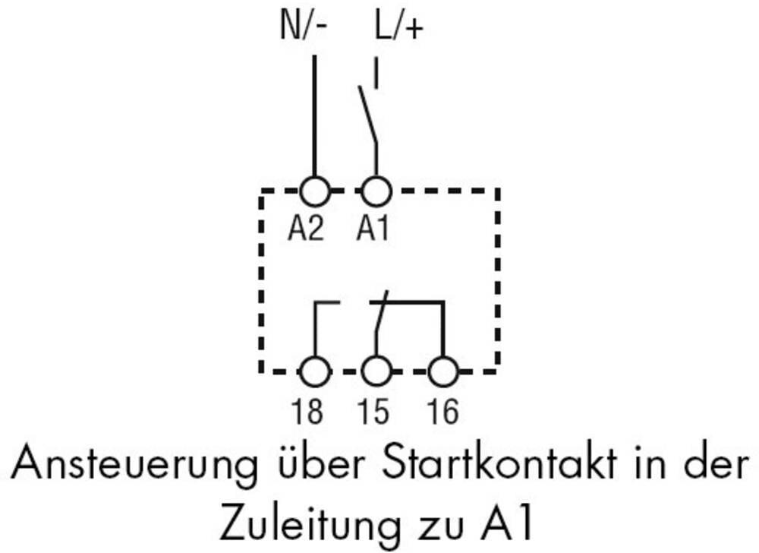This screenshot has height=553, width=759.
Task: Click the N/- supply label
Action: pyautogui.click(x=304, y=28)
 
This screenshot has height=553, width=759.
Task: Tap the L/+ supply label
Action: pyautogui.click(x=397, y=28)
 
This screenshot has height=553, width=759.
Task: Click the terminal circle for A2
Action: pyautogui.click(x=314, y=191)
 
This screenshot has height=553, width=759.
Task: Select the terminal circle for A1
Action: pyautogui.click(x=375, y=191)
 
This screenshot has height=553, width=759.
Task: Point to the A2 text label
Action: pyautogui.click(x=305, y=228)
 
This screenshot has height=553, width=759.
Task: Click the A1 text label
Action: pyautogui.click(x=373, y=228)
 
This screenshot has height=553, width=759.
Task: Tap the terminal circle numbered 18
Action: pyautogui.click(x=314, y=372)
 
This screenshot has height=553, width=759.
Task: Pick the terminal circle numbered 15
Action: pyautogui.click(x=375, y=372)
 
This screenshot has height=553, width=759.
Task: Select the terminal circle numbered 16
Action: pyautogui.click(x=442, y=372)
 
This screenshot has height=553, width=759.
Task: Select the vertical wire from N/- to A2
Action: pyautogui.click(x=313, y=114)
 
